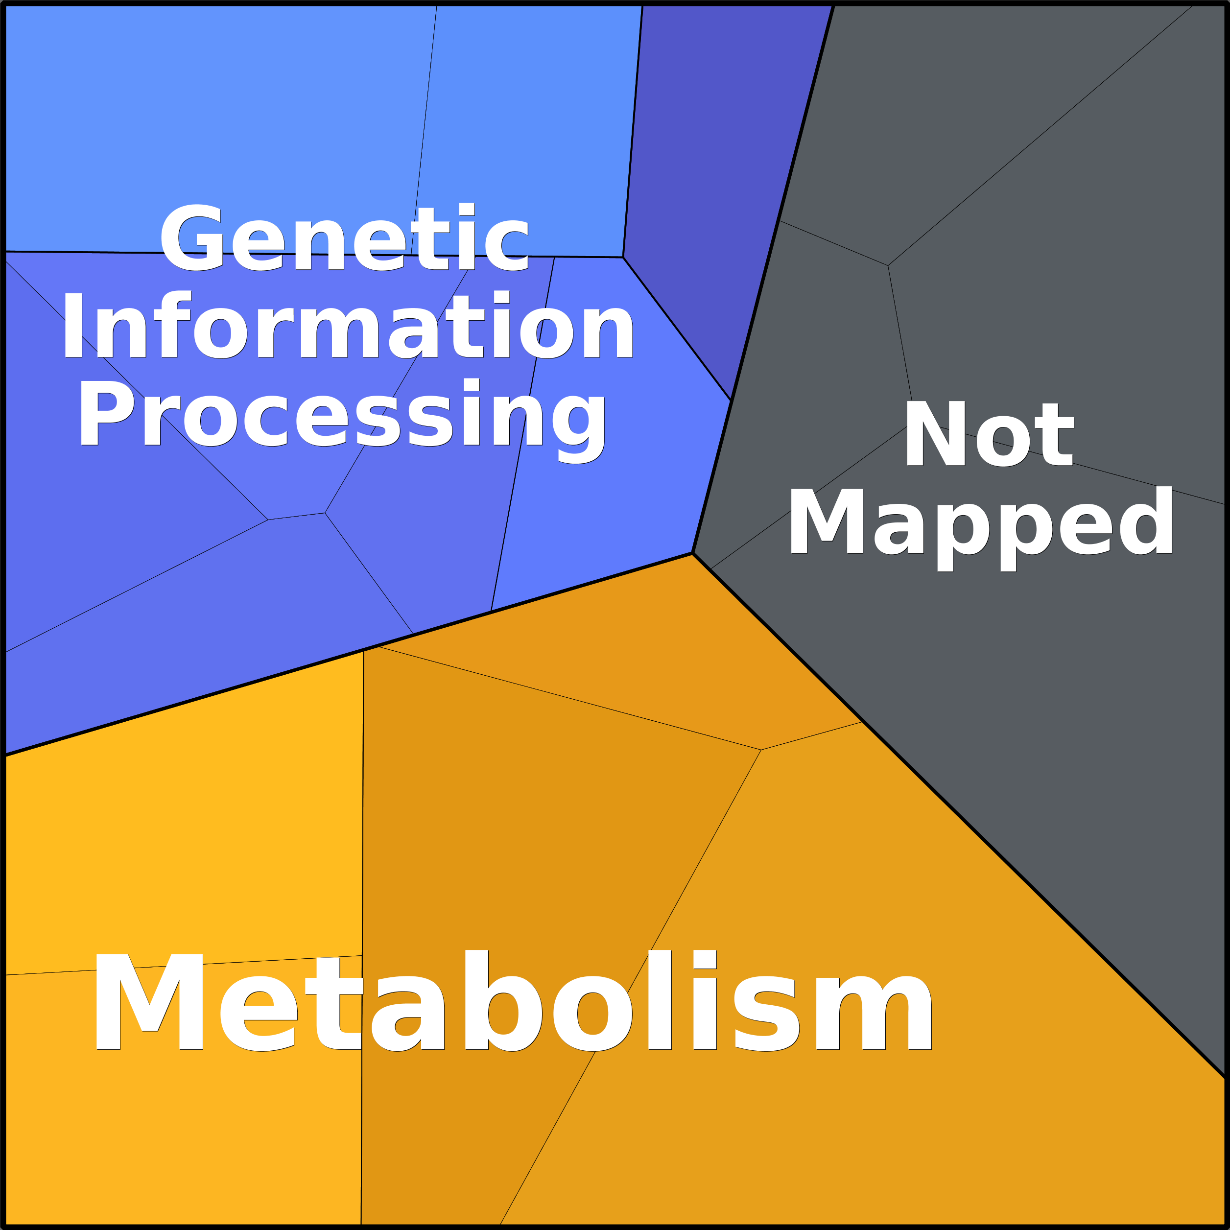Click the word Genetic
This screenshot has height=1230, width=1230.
344,237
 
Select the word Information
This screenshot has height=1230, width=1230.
348,325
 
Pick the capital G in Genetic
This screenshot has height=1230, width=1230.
192,237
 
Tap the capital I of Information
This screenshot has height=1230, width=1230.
73,325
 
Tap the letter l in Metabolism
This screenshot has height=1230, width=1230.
660,999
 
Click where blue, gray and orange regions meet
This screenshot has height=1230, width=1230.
692,553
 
